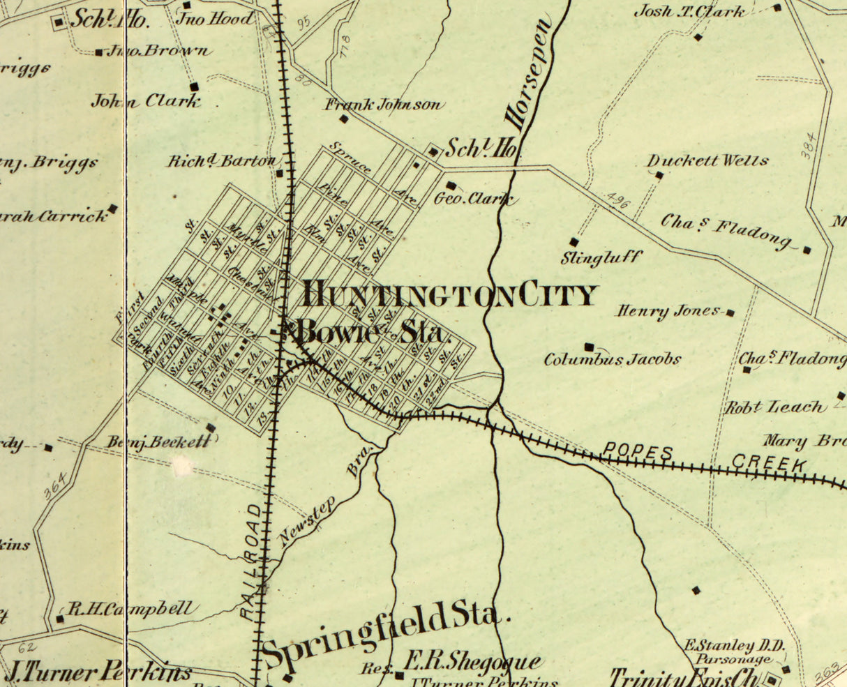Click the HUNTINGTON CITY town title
click(450, 296)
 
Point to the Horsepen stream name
click(529, 77)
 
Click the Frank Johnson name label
click(384, 105)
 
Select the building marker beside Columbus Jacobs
click(589, 347)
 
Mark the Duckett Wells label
click(707, 161)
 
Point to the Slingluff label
click(601, 258)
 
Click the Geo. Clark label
click(474, 199)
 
